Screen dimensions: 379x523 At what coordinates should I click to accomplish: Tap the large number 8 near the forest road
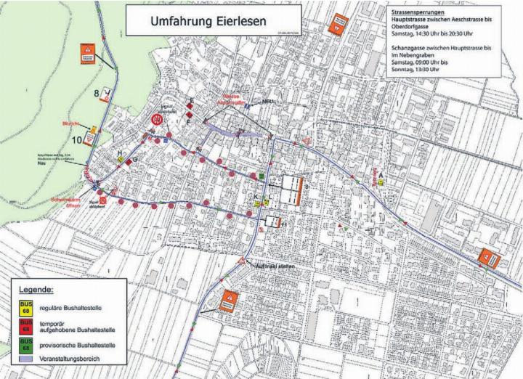pyautogui.click(x=96, y=92)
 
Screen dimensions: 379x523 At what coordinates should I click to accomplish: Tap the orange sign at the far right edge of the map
pyautogui.click(x=486, y=258)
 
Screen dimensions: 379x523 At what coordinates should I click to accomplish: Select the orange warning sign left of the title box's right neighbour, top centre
pyautogui.click(x=337, y=26)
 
